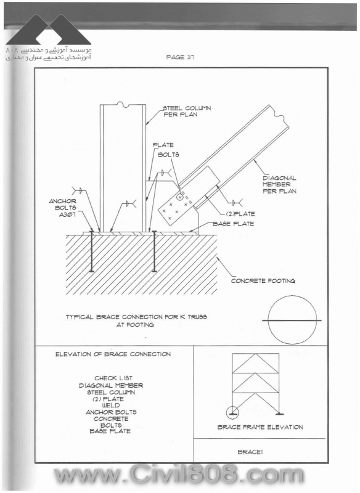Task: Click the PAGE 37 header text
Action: coord(180,57)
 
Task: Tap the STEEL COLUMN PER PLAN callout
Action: coord(187,112)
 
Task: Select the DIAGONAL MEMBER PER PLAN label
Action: coord(279,184)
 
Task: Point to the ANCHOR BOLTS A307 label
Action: coord(62,208)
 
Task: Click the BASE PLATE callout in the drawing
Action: coord(233,224)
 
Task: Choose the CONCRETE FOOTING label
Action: coord(263,281)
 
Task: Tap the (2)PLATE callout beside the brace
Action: coord(240,214)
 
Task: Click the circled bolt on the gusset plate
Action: coord(180,197)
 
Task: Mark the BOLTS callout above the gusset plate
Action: coord(168,155)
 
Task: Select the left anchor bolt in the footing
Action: coord(91,251)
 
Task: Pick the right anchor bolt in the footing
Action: coord(154,251)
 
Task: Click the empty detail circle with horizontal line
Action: coord(292,320)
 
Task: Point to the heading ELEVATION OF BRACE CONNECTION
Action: coord(113,354)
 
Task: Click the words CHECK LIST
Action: coord(113,378)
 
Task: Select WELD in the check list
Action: coord(111,405)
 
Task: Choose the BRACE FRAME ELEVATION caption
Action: coord(260,427)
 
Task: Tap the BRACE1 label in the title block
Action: coord(250,452)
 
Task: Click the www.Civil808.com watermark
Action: coord(179,475)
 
